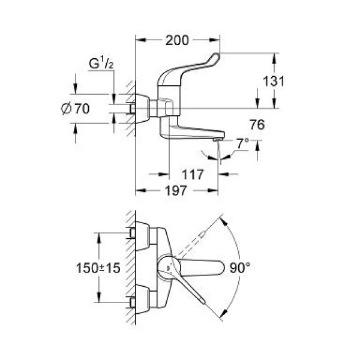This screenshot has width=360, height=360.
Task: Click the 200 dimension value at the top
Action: (178, 41)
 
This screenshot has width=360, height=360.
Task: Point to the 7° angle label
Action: (241, 145)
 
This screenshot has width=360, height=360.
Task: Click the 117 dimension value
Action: (193, 175)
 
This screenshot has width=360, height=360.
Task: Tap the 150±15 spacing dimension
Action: (97, 268)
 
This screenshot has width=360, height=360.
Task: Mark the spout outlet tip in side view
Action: (217, 139)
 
